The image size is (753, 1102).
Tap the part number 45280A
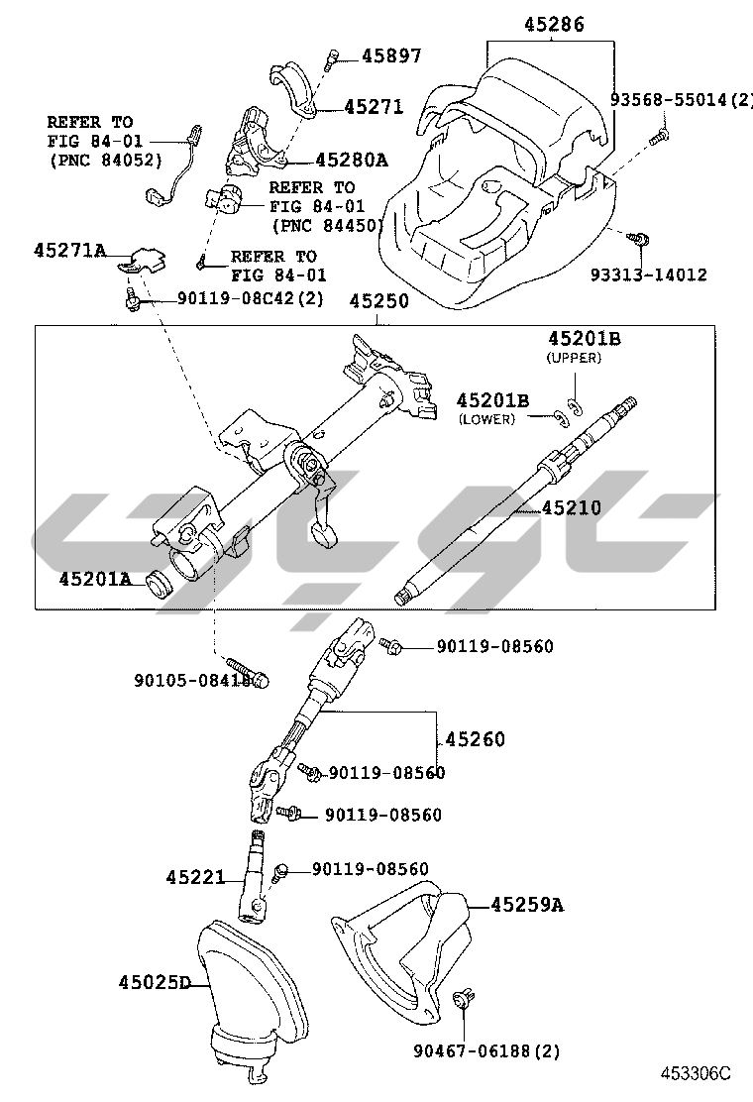click(351, 159)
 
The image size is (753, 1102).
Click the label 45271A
click(69, 251)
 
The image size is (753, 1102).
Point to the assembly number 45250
click(376, 299)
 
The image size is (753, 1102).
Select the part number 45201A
click(94, 578)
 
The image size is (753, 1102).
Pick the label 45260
click(475, 739)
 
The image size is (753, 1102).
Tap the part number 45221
click(195, 877)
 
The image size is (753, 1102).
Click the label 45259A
click(526, 904)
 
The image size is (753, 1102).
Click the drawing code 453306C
click(696, 1073)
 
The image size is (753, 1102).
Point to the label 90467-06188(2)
click(486, 1049)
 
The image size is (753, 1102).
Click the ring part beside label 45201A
click(159, 584)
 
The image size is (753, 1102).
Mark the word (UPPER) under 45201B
click(574, 358)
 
